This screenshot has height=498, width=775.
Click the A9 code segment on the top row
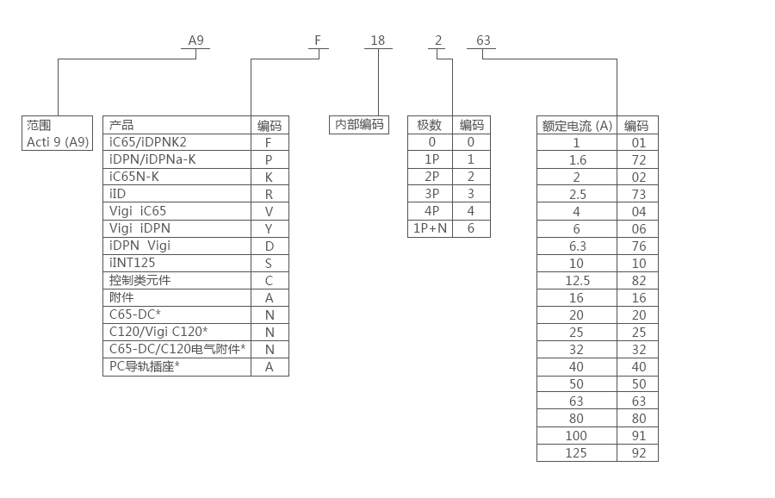pyautogui.click(x=196, y=40)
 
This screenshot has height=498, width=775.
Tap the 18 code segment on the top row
pyautogui.click(x=377, y=40)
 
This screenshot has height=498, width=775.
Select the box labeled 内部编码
pyautogui.click(x=359, y=125)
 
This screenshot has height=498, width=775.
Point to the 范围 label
pyautogui.click(x=38, y=125)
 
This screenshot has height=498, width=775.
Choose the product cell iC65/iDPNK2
pyautogui.click(x=148, y=142)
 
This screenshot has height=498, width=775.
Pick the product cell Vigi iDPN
pyautogui.click(x=140, y=228)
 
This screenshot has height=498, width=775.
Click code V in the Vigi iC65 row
pyautogui.click(x=269, y=211)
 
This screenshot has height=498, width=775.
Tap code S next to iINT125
pyautogui.click(x=269, y=263)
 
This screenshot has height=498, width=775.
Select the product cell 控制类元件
pyautogui.click(x=140, y=280)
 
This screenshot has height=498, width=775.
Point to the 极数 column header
pyautogui.click(x=429, y=125)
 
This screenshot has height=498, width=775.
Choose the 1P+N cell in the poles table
pyautogui.click(x=429, y=228)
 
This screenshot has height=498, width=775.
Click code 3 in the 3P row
pyautogui.click(x=470, y=194)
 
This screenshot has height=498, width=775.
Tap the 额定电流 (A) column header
pyautogui.click(x=576, y=126)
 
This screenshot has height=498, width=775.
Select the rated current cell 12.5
pyautogui.click(x=576, y=281)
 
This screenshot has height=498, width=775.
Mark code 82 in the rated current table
pyautogui.click(x=637, y=281)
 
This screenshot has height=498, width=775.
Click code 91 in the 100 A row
pyautogui.click(x=637, y=436)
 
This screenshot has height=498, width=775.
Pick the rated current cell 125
pyautogui.click(x=576, y=453)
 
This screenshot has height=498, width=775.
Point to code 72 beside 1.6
pyautogui.click(x=637, y=160)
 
